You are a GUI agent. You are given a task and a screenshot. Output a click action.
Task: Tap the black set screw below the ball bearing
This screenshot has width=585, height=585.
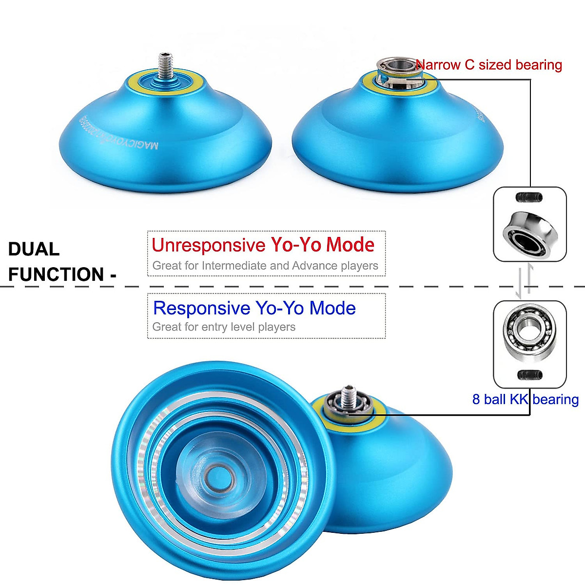click(528, 375)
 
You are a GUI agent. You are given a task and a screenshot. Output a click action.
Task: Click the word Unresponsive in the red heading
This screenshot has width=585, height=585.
click(208, 245)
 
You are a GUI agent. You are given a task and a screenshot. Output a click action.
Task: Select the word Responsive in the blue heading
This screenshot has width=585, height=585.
click(201, 308)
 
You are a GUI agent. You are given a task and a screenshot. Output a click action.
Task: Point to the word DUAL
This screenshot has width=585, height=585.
click(34, 249)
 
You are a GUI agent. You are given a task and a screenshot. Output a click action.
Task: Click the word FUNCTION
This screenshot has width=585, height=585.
click(56, 274)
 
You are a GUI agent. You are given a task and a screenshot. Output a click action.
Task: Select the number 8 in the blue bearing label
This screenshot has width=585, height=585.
click(476, 399)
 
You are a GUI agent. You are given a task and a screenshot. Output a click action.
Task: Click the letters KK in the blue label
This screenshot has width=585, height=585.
click(519, 399)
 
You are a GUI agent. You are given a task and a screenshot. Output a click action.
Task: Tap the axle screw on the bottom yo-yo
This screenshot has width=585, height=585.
click(348, 395)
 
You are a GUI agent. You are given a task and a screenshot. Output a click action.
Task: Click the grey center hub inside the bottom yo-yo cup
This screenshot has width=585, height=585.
click(215, 473)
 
